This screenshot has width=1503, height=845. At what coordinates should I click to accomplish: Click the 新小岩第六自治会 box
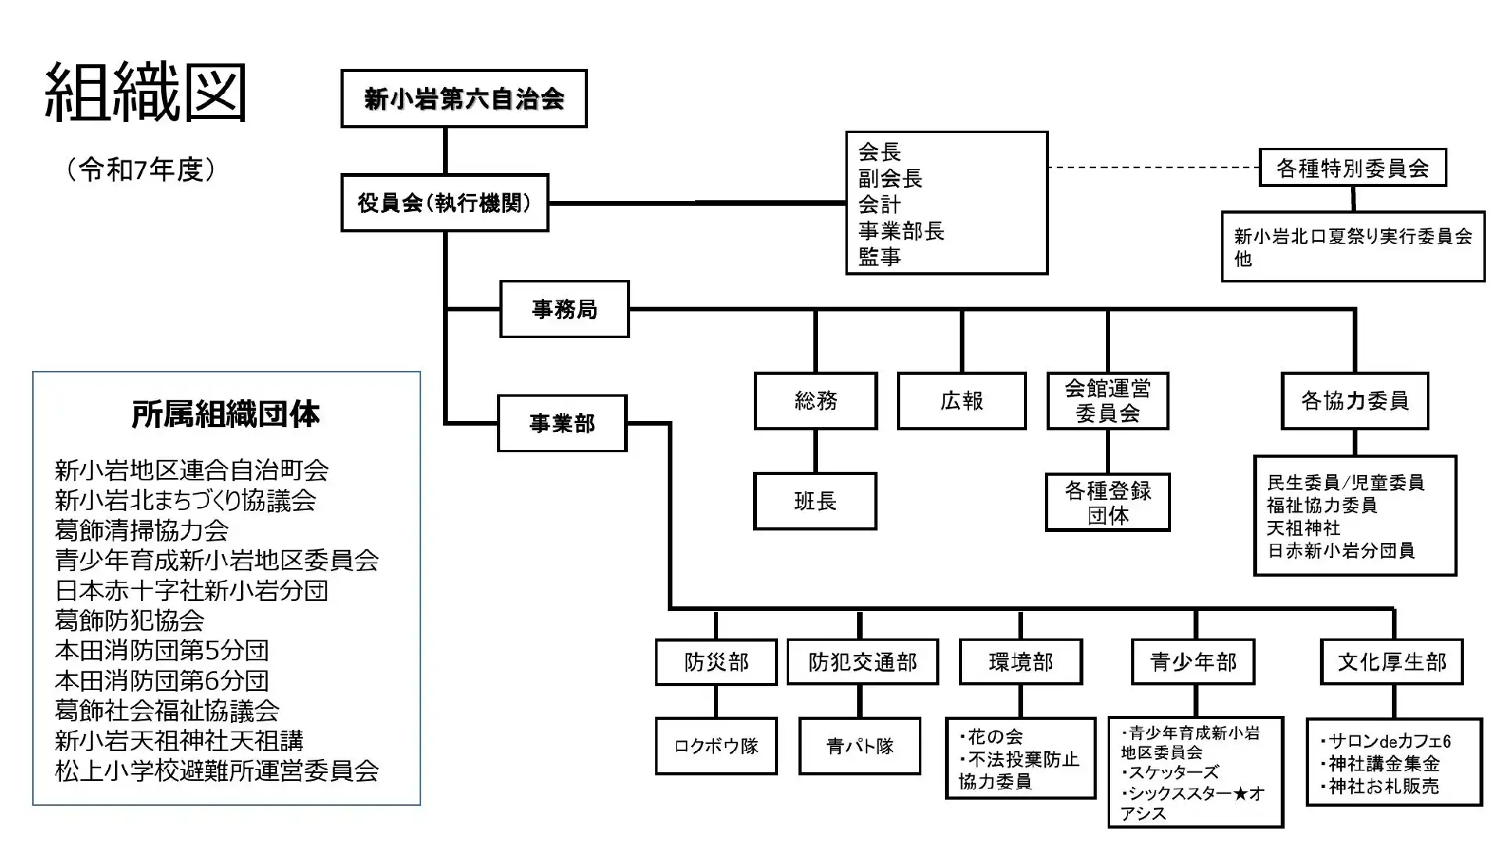463,99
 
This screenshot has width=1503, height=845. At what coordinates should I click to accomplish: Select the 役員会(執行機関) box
445,203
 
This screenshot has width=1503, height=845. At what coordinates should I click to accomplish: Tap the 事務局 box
564,309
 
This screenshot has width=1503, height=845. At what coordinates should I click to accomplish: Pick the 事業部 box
562,423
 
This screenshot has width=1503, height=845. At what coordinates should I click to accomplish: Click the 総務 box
816,401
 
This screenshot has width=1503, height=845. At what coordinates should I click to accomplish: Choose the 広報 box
961,401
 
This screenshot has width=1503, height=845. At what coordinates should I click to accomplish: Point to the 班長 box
815,502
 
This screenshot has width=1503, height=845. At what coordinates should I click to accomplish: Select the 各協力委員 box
1354,401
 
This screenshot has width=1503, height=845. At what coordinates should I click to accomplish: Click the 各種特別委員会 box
1353,167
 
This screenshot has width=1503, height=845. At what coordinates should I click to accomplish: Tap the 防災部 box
716,662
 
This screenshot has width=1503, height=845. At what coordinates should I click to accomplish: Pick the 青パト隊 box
860,746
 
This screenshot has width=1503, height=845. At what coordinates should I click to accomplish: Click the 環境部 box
1021,662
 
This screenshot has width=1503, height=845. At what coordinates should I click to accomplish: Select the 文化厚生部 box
1392,662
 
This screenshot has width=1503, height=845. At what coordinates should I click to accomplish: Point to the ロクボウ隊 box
716,746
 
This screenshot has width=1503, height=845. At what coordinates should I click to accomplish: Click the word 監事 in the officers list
880,257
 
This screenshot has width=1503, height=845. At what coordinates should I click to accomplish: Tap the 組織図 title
146,94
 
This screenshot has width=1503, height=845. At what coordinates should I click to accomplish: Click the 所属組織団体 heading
225,415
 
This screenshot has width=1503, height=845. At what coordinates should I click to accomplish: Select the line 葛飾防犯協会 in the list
130,620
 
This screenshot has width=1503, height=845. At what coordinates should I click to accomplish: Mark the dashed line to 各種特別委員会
1153,167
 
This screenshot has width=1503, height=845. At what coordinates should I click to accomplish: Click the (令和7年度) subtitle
141,170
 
